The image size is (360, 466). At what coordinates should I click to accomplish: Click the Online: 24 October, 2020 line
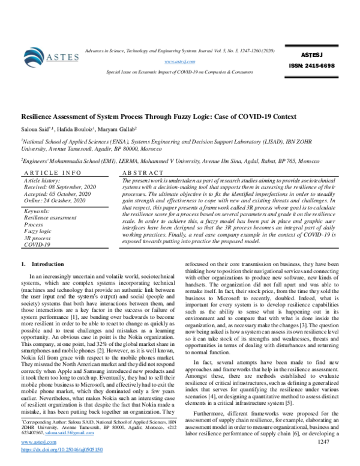click(55, 200)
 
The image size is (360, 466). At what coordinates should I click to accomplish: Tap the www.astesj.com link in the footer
click(35, 443)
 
